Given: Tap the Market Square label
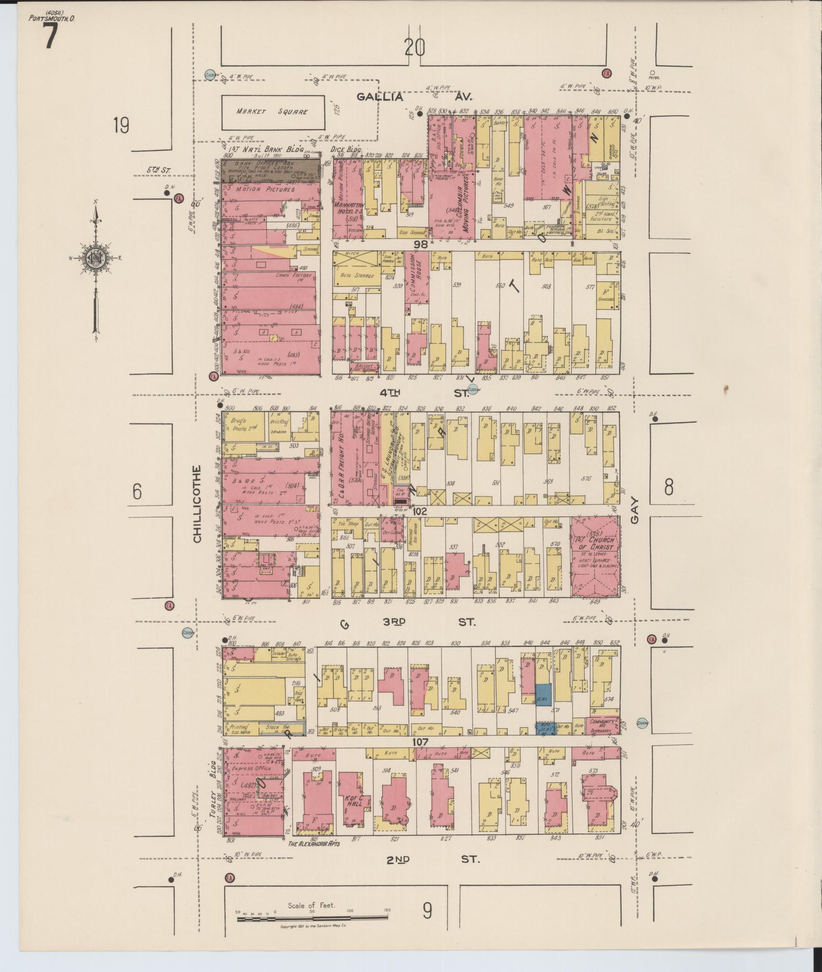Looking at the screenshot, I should pos(273,111).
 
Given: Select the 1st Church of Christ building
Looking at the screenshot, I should pos(595,557).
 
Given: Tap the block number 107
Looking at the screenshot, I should pos(420,742).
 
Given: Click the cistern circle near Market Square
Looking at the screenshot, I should pos(211,75).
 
